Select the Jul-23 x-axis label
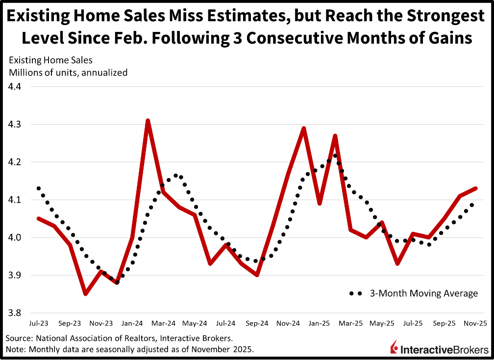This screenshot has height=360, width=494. click(x=38, y=324)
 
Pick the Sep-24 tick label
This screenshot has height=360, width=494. click(x=257, y=324)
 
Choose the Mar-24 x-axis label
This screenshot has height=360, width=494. click(x=163, y=324)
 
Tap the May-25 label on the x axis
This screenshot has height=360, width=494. click(x=382, y=324)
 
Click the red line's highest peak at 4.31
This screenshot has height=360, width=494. click(x=148, y=120)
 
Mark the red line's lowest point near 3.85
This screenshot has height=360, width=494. click(x=85, y=294)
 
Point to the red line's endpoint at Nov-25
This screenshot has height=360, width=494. click(x=476, y=188)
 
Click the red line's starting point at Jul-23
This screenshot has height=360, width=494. click(x=38, y=218)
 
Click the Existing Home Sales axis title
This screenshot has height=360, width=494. click(x=49, y=61)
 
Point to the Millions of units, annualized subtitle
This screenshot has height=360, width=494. click(x=67, y=73)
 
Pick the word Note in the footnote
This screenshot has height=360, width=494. click(x=15, y=349)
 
